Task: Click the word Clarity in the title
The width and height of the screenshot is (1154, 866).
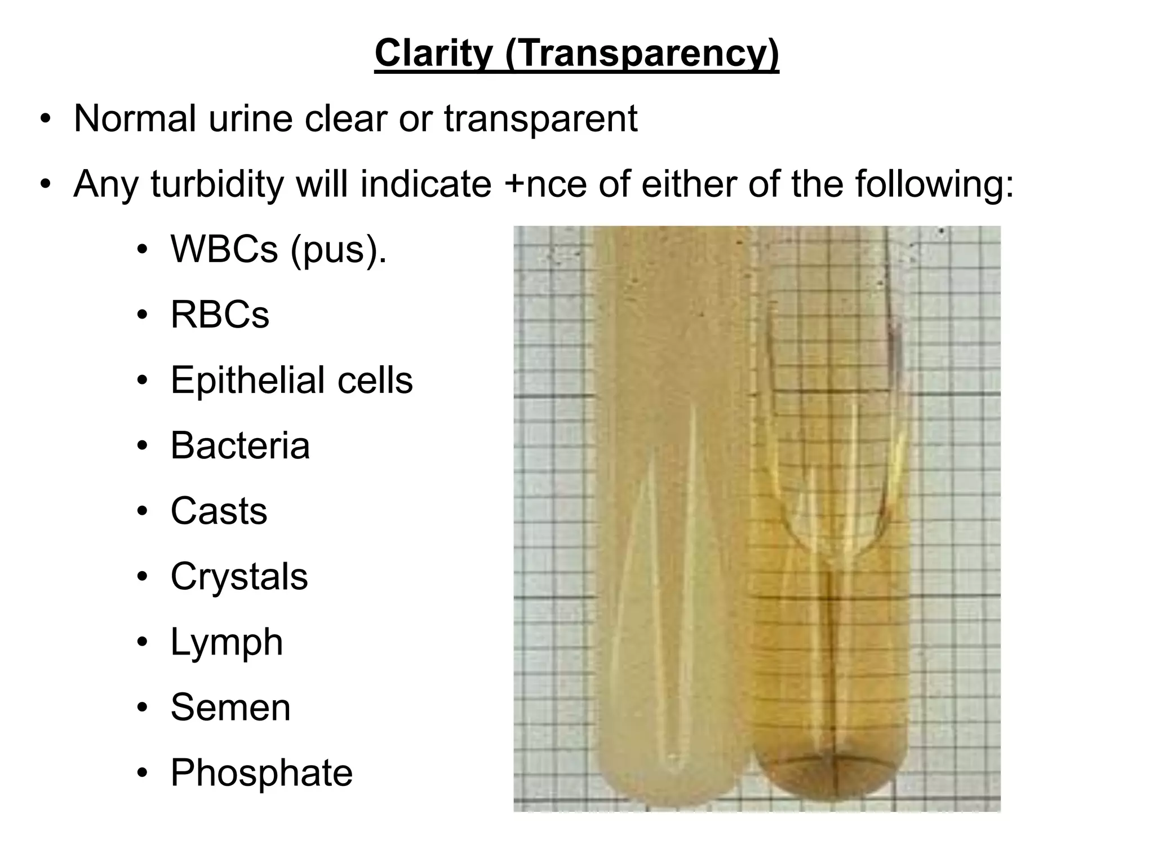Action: coord(433,54)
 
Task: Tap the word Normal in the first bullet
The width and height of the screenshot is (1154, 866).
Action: coord(135,119)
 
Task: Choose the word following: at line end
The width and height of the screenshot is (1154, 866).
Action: coord(935,184)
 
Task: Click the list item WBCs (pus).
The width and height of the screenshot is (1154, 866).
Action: coord(278,249)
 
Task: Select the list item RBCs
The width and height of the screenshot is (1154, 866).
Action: coord(220,315)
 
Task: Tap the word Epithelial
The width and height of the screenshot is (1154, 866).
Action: coord(247,380)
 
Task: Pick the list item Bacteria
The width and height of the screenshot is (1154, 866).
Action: coord(240,445)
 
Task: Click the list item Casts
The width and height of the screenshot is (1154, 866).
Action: coord(219,511)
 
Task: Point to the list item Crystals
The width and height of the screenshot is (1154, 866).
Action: coord(239,576)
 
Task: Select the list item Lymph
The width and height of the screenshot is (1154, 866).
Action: coord(227,642)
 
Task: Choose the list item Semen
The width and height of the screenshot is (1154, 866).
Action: coord(230,707)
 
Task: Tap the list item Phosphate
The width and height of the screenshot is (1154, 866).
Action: coord(261,772)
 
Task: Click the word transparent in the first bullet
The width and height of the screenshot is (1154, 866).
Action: coord(540,119)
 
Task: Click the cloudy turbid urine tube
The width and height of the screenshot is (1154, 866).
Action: coord(671,507)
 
